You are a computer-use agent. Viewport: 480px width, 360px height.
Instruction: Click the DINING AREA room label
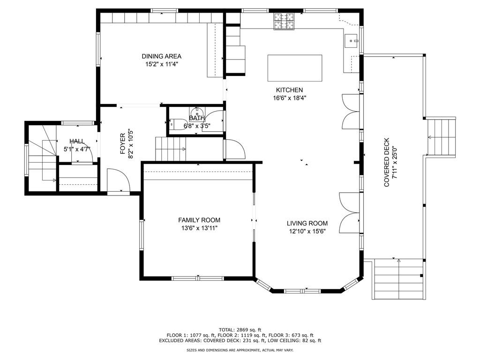click(x=161, y=56)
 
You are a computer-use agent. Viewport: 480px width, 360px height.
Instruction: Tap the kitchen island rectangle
click(x=295, y=68)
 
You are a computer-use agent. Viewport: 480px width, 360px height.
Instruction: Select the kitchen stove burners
click(x=284, y=22)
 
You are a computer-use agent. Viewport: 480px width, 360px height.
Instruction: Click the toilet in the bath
click(x=177, y=124)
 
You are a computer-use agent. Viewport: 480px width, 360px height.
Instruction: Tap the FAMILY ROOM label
click(x=199, y=220)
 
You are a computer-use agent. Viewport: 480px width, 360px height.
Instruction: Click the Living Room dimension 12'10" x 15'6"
click(x=307, y=232)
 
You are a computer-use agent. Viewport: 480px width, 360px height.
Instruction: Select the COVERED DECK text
click(x=387, y=162)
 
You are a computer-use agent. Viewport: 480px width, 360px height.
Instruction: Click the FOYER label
click(x=122, y=144)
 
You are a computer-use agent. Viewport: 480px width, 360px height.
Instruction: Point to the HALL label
click(x=77, y=142)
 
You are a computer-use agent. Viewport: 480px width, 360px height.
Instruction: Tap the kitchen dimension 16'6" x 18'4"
click(x=290, y=98)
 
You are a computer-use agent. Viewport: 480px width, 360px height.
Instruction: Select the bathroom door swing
click(x=216, y=120)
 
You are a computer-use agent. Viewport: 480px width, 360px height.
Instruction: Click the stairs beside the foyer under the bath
click(x=171, y=149)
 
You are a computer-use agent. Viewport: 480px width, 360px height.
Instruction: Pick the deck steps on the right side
click(x=441, y=137)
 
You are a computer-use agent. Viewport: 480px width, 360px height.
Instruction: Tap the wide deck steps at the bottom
click(x=399, y=279)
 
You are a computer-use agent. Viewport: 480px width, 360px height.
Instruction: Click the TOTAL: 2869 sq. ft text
click(x=240, y=330)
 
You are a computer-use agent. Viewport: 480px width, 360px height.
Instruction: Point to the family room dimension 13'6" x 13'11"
click(x=199, y=228)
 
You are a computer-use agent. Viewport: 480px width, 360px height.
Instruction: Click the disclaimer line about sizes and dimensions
click(x=240, y=350)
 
